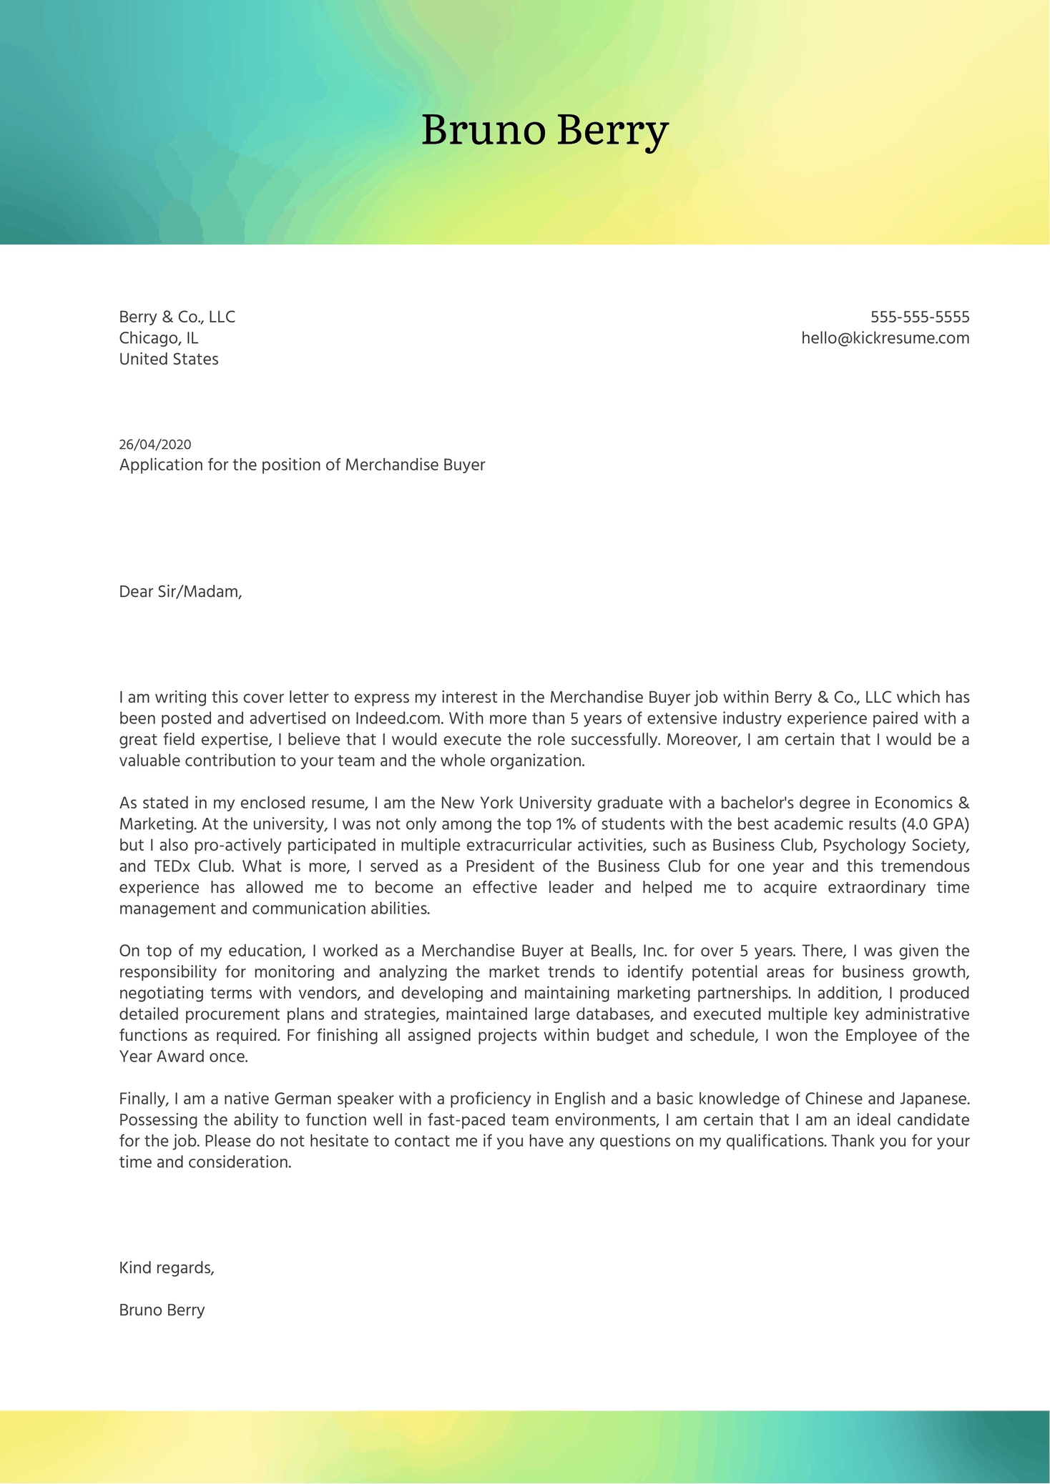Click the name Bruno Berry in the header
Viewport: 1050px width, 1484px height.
click(x=544, y=131)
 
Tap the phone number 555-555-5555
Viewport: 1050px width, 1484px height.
click(x=919, y=317)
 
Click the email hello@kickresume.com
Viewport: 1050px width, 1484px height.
click(x=885, y=338)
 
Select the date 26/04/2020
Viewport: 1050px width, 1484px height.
click(x=155, y=445)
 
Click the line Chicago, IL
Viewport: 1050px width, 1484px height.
click(x=159, y=338)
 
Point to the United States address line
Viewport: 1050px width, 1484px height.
click(x=169, y=359)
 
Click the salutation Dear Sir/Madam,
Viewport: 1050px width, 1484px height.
click(x=180, y=591)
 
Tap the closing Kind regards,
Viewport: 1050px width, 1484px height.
click(x=167, y=1268)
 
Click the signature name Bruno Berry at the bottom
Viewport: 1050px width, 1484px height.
click(x=162, y=1310)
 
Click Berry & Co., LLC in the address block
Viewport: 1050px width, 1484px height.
click(x=177, y=317)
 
